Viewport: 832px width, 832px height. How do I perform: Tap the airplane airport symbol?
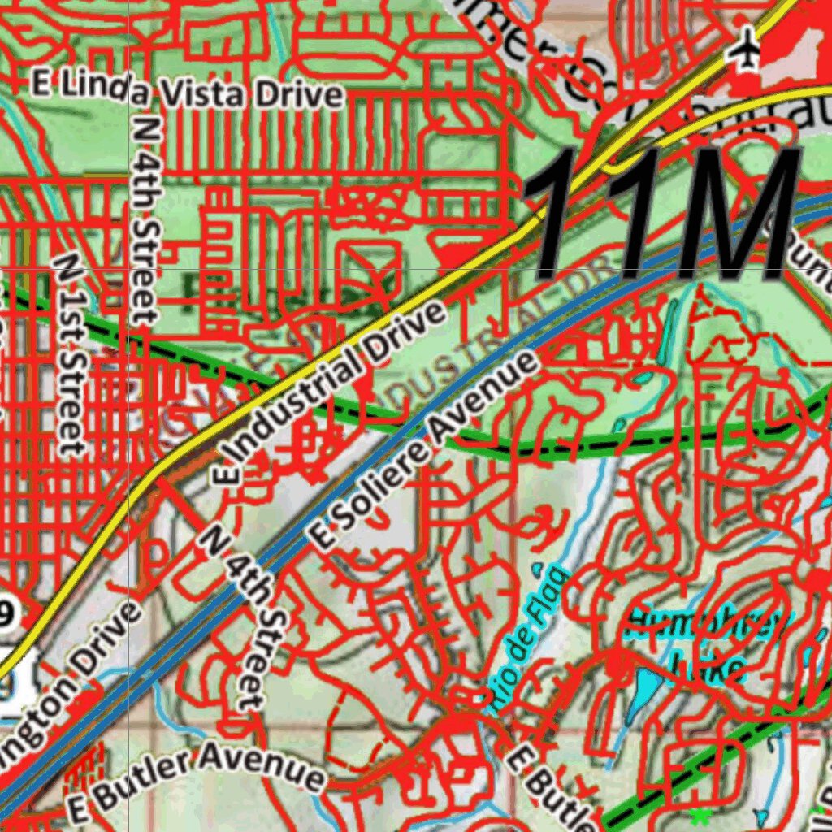point(743,51)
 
